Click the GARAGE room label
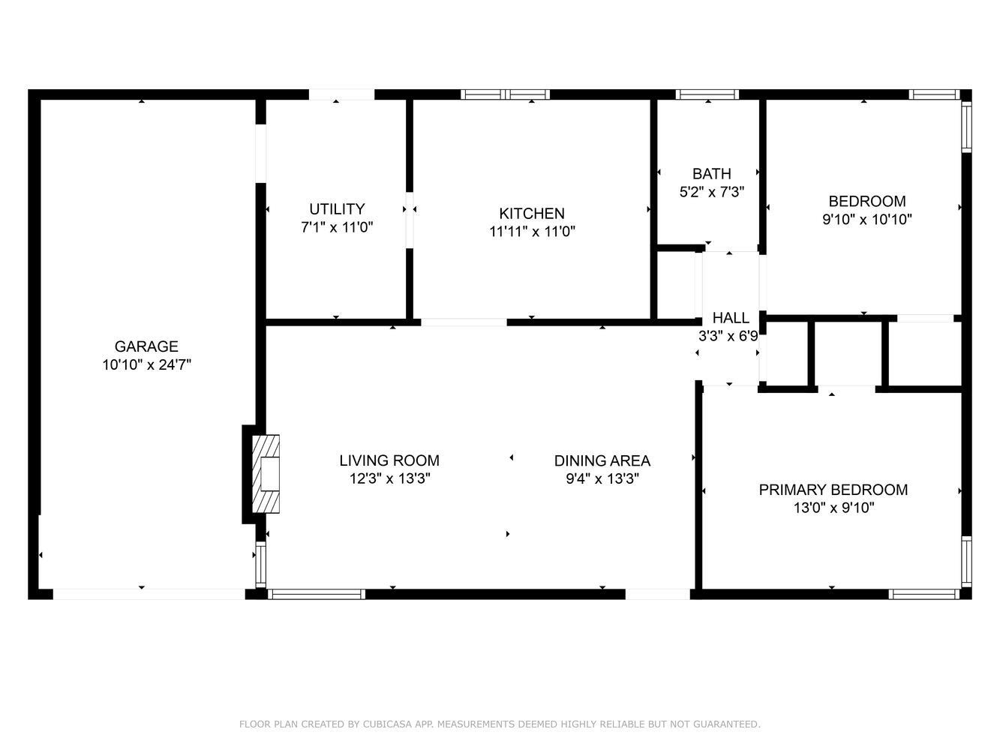pos(146,346)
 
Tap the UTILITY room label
pos(337,209)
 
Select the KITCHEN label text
pos(532,214)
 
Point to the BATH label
pos(712,174)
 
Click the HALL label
pos(731,318)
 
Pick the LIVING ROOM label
pos(389,460)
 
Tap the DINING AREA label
pos(602,460)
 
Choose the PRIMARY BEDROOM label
pos(833,490)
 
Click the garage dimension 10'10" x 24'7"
pos(147,364)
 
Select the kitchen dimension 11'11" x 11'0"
pos(532,232)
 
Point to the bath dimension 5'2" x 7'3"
pos(712,192)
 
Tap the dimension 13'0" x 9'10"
pos(833,508)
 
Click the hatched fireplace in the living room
pos(266,474)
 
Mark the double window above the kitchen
pos(505,94)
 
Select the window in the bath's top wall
pos(707,94)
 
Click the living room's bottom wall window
pos(317,594)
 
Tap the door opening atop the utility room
pos(341,94)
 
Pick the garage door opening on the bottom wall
pos(149,594)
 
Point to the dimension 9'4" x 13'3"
pos(602,479)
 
